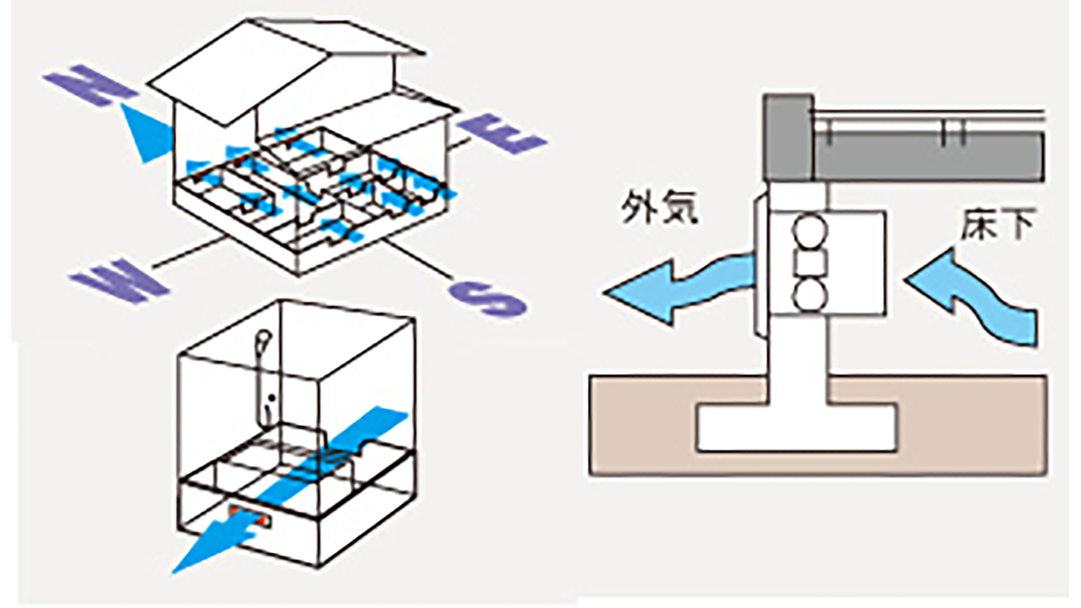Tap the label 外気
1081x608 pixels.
click(659, 208)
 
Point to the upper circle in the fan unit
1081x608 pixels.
click(810, 230)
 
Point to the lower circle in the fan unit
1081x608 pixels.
click(810, 294)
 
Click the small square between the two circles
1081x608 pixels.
click(810, 262)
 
